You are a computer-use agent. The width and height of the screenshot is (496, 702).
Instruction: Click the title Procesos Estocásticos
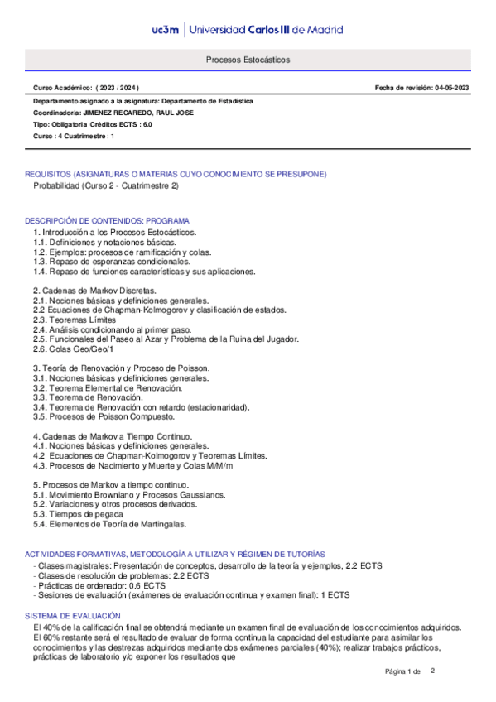[x=248, y=60]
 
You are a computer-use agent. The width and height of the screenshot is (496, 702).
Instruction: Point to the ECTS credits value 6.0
[x=147, y=123]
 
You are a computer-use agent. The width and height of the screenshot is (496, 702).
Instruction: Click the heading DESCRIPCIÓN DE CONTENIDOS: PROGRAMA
[x=107, y=221]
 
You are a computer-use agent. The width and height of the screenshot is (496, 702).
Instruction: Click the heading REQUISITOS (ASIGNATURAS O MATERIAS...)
[x=176, y=174]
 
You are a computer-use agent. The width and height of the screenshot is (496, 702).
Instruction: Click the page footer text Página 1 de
[x=403, y=671]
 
